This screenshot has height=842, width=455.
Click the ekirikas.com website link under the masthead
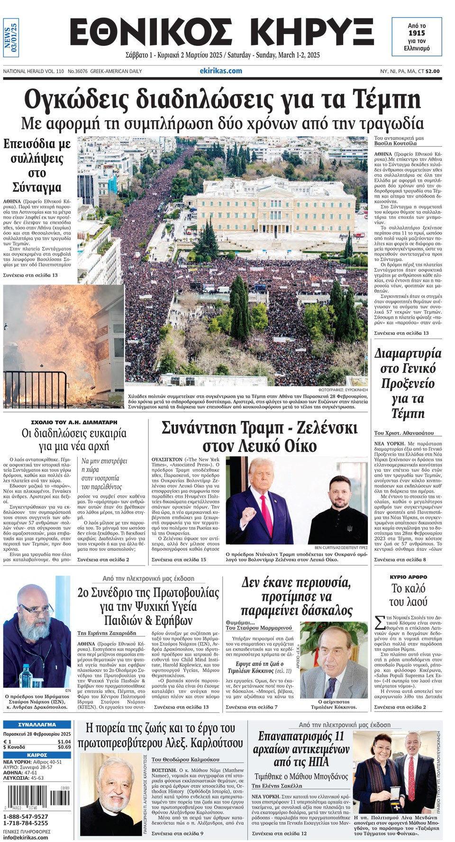pos(221,71)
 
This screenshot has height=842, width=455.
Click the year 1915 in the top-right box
pos(417,33)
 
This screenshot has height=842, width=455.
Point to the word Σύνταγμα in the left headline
pos(36,187)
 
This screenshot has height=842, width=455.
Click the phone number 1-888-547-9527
pos(26,816)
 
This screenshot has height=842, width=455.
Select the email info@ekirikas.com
pos(26,837)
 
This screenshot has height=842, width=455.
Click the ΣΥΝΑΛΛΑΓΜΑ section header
pos(37,725)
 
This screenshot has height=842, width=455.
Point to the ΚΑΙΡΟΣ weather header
pos(37,755)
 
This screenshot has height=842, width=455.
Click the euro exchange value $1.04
pos(64,742)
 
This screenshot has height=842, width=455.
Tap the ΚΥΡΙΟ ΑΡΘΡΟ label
pos(408,577)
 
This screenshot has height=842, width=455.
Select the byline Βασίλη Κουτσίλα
pos(395,143)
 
